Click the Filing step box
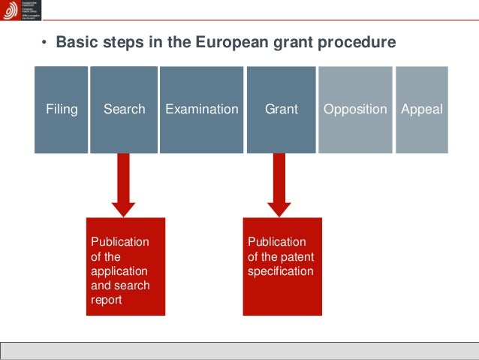click(62, 110)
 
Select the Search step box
click(124, 110)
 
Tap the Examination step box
click(201, 110)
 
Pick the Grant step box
click(282, 110)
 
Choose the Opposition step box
click(355, 110)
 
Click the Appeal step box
click(422, 110)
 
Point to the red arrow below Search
click(124, 185)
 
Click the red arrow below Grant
click(279, 185)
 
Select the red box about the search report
click(125, 266)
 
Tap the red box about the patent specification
click(282, 266)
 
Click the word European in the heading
click(227, 43)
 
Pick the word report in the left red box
click(106, 300)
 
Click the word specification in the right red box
click(280, 271)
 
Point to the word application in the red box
click(119, 271)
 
